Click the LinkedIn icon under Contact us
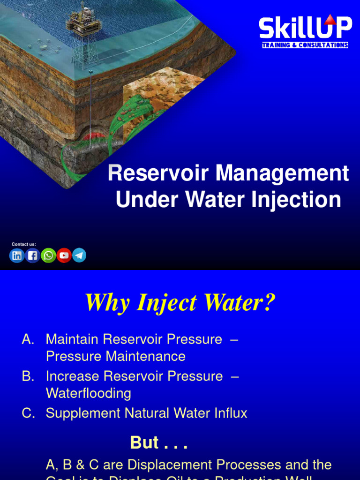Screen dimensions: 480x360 coord(17,255)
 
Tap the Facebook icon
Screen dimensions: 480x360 coord(32,255)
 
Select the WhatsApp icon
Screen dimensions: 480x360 coord(48,255)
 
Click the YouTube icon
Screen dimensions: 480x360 coord(64,255)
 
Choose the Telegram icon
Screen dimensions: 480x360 coord(79,255)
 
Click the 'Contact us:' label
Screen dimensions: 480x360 coord(23,244)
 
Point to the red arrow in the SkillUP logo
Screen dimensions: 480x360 coord(330,19)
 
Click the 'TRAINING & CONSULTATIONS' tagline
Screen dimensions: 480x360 coord(305,45)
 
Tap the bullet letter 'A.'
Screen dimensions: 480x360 coord(28,339)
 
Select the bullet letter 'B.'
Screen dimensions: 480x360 coord(28,376)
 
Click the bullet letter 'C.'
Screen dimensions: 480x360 coord(28,413)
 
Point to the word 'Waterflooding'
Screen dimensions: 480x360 coord(88,393)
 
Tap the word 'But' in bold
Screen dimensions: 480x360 coord(144,442)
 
